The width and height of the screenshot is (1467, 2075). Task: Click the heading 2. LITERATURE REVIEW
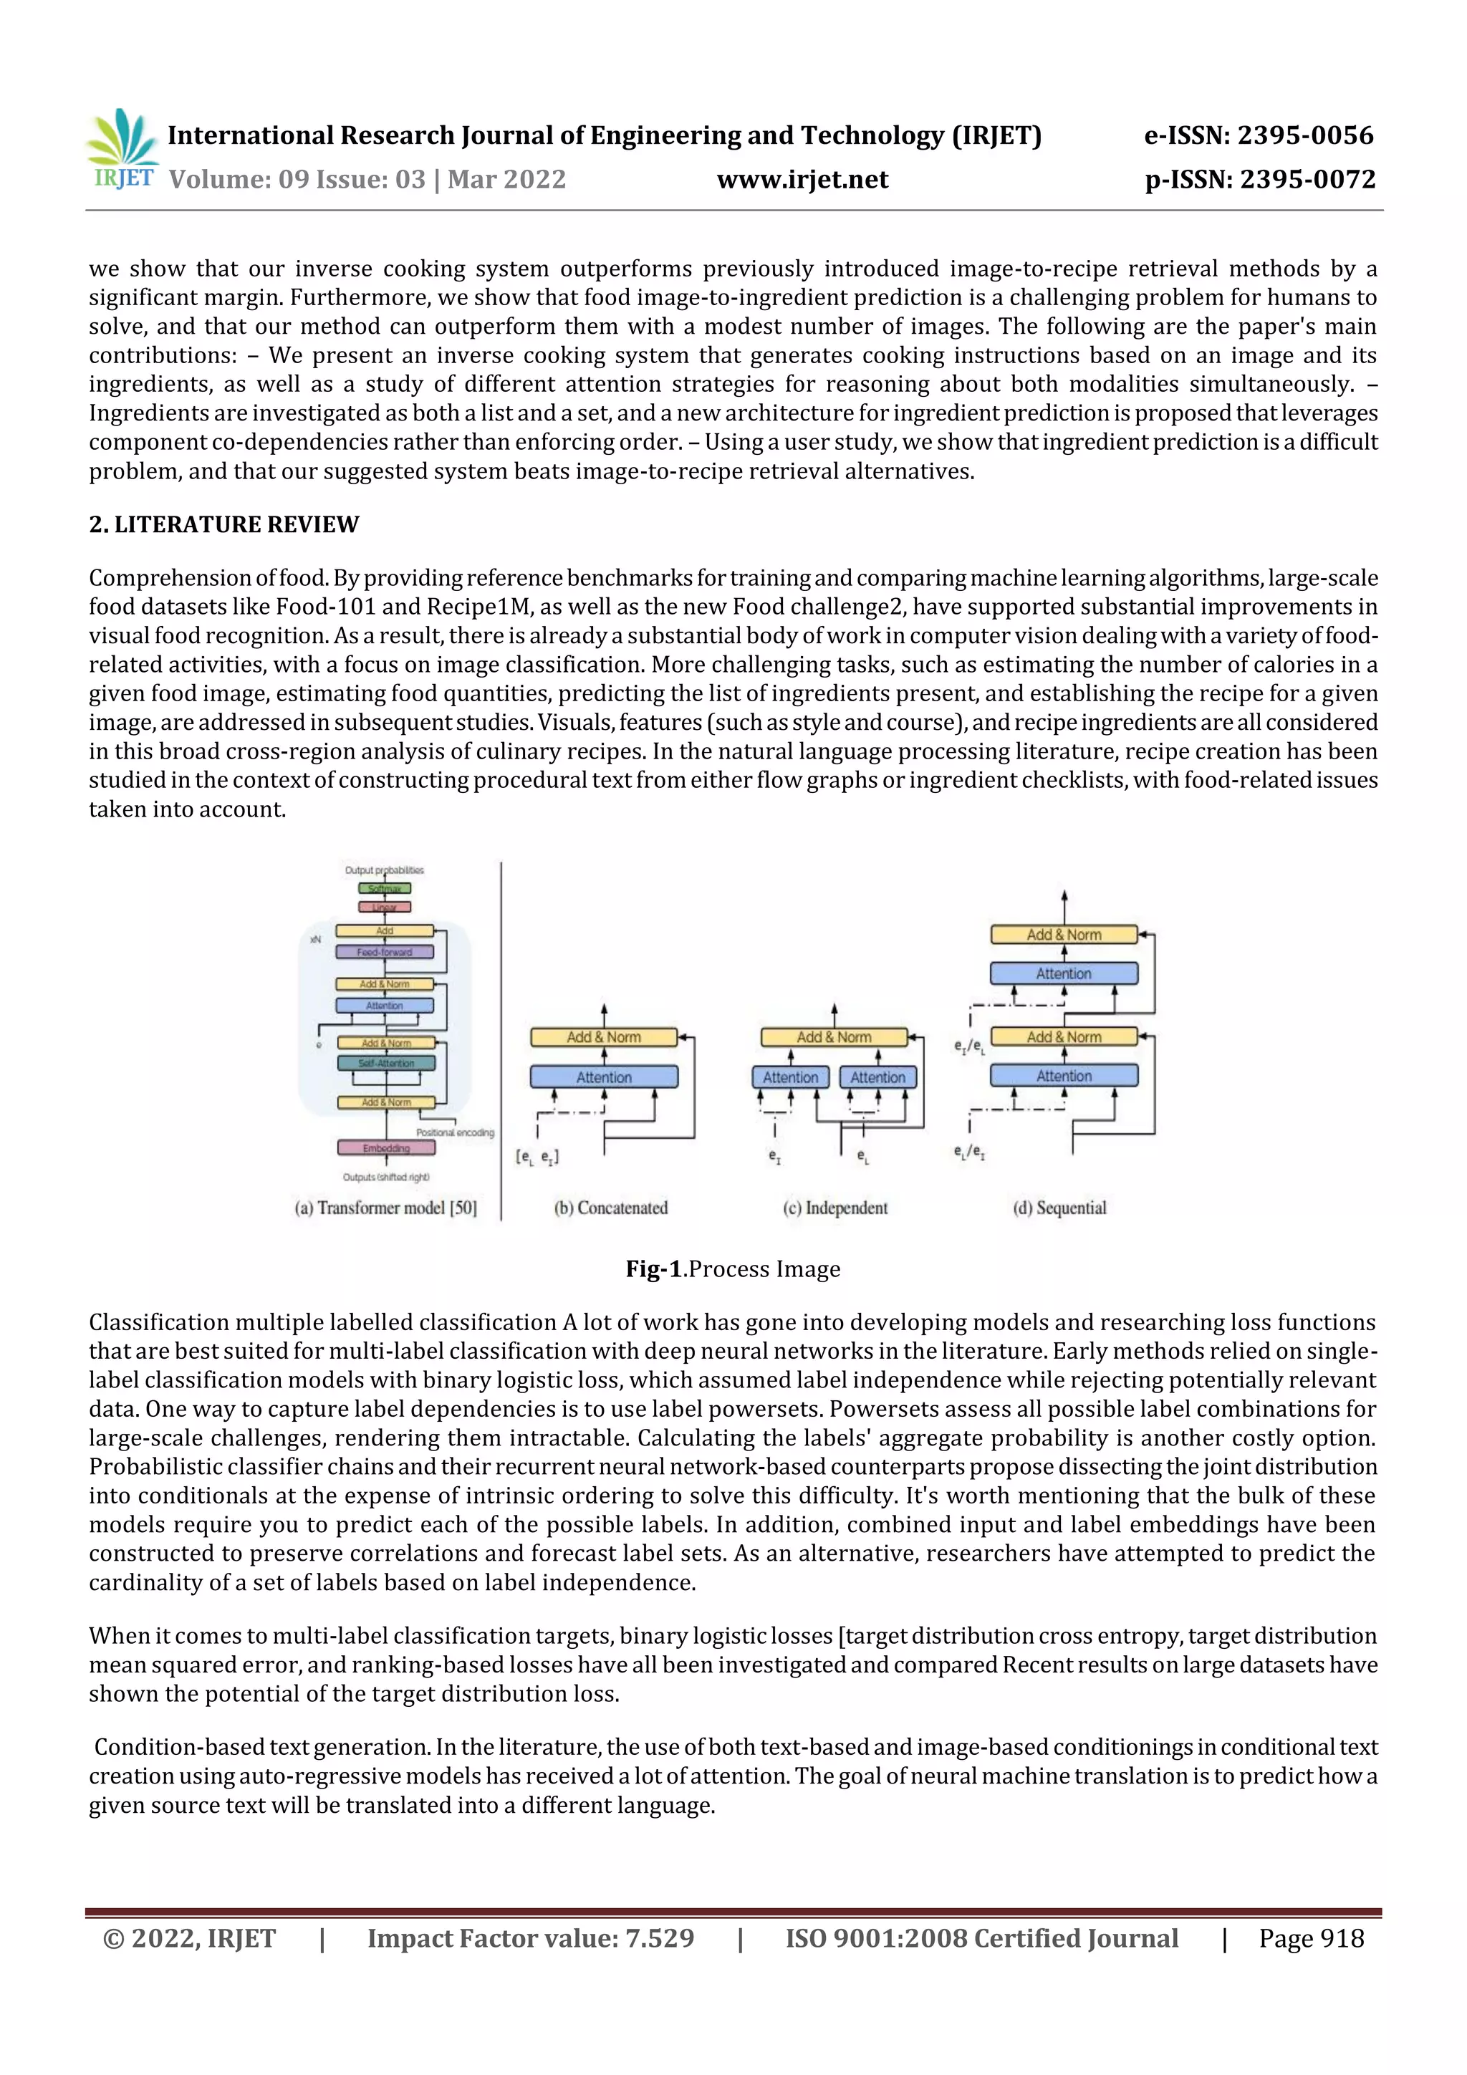pos(223,524)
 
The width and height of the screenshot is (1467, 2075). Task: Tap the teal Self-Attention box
pos(386,1063)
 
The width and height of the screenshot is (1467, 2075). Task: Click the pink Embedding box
pos(386,1147)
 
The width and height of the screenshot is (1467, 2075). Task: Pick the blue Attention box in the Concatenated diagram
pos(604,1077)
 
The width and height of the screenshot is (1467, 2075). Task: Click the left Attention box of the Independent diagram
pos(790,1077)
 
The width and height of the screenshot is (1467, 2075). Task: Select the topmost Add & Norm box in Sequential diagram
pos(1063,935)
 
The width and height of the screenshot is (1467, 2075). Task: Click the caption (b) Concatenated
pos(611,1208)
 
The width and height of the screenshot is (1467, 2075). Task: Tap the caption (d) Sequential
pos(1059,1208)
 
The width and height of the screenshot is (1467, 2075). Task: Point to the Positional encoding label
pos(455,1132)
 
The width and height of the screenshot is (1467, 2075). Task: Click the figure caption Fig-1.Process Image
pos(732,1269)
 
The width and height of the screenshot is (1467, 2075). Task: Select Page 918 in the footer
pos(1311,1938)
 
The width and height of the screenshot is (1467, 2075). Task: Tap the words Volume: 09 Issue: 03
pos(297,180)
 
